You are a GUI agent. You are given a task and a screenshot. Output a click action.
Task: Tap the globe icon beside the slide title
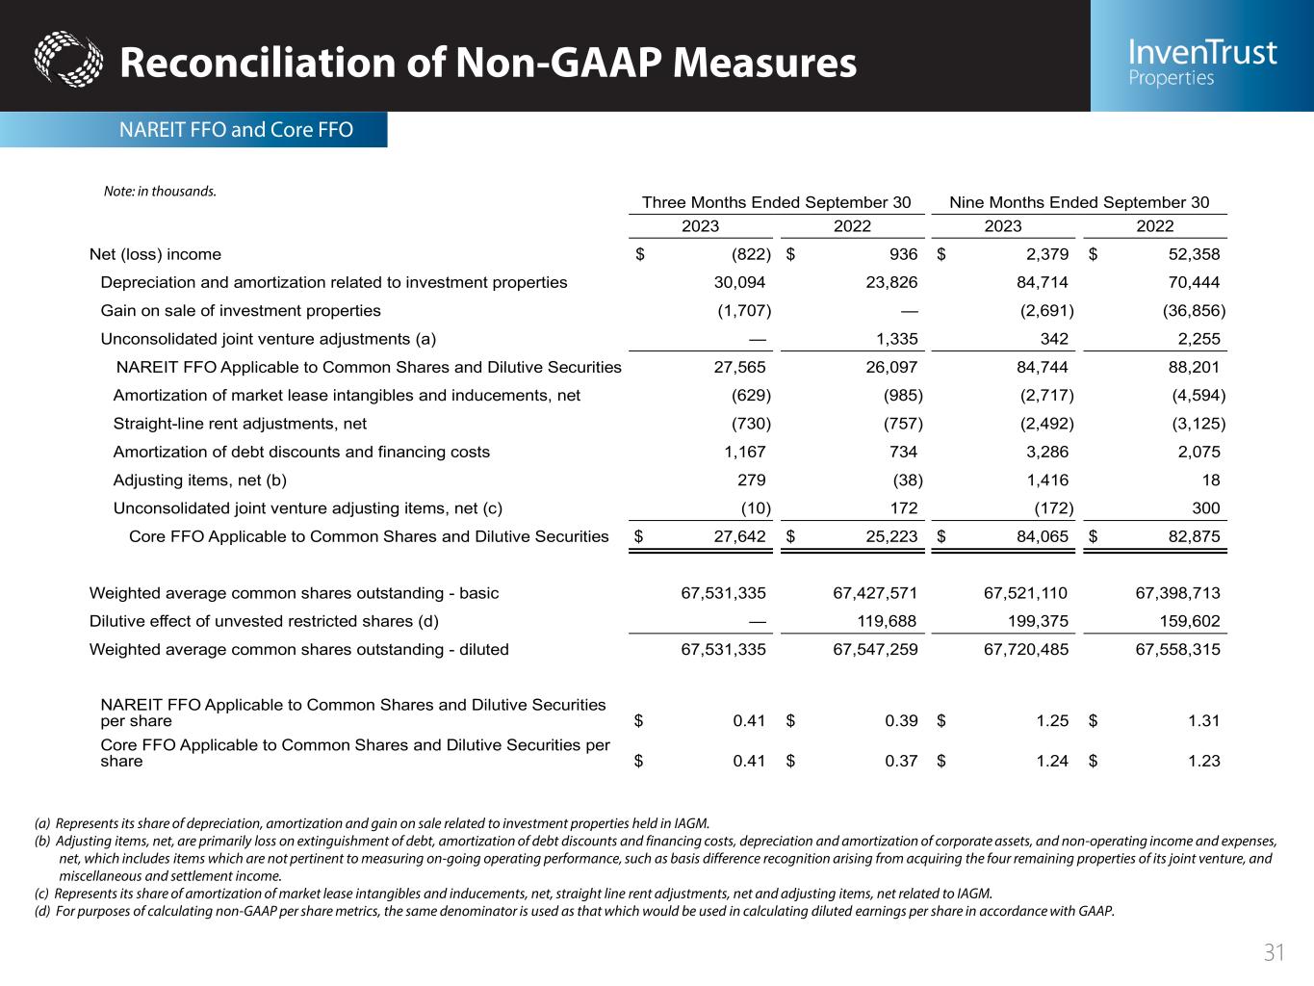tap(67, 60)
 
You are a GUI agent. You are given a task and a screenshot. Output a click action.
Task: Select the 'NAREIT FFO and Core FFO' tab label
tap(236, 129)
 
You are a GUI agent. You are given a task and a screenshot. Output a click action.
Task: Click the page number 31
tap(1274, 953)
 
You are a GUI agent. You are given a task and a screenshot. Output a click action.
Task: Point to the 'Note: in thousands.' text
tap(160, 191)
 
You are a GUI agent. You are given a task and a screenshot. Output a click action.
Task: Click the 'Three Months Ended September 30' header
tap(776, 202)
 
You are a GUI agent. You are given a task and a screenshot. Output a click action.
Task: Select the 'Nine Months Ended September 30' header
tap(1079, 202)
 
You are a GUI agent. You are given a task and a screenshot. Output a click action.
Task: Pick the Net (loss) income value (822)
tap(751, 254)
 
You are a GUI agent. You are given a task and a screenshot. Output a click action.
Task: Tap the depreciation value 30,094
tap(738, 282)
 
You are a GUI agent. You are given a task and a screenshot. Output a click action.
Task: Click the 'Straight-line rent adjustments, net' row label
tap(240, 424)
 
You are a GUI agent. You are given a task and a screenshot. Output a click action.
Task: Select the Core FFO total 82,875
tap(1192, 536)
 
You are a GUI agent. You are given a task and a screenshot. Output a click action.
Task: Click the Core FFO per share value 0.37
tap(901, 761)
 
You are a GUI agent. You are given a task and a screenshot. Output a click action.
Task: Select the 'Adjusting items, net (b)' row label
tap(200, 480)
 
